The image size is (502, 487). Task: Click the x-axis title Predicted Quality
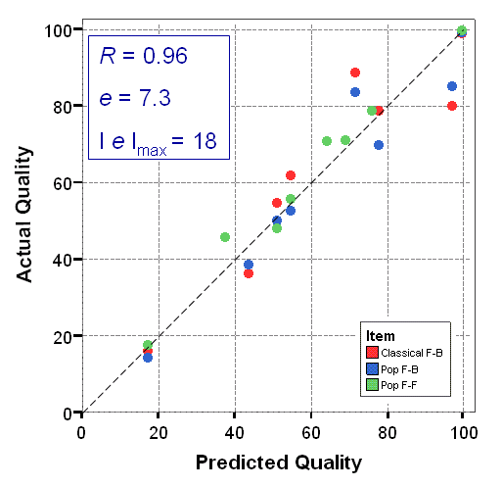pyautogui.click(x=278, y=462)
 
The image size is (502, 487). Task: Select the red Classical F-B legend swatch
pyautogui.click(x=372, y=352)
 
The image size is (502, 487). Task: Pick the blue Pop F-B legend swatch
pyautogui.click(x=372, y=368)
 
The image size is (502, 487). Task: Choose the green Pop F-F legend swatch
pyautogui.click(x=372, y=385)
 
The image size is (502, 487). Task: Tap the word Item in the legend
pyautogui.click(x=377, y=335)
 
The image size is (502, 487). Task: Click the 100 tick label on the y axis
pyautogui.click(x=58, y=30)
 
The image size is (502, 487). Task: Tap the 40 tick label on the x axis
pyautogui.click(x=234, y=431)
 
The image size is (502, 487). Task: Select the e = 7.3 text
pyautogui.click(x=135, y=98)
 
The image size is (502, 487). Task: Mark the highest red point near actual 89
pyautogui.click(x=355, y=73)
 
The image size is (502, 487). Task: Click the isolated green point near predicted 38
pyautogui.click(x=225, y=237)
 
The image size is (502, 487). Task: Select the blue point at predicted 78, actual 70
pyautogui.click(x=379, y=145)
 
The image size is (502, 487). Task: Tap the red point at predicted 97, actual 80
pyautogui.click(x=452, y=106)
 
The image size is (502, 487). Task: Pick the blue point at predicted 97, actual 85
pyautogui.click(x=452, y=86)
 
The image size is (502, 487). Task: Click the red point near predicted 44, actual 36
pyautogui.click(x=249, y=273)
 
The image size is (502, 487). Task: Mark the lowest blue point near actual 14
pyautogui.click(x=148, y=358)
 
